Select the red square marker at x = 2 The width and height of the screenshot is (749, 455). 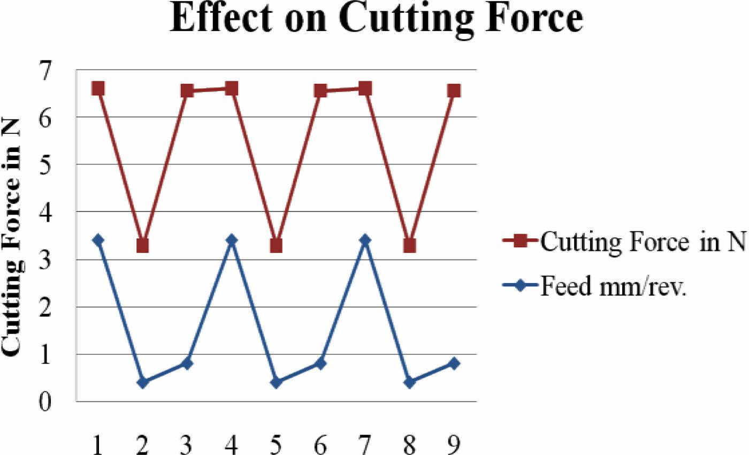[142, 246]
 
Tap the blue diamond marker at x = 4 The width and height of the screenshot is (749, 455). [232, 240]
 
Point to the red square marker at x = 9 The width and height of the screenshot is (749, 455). [454, 91]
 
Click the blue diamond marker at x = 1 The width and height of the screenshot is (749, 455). [98, 240]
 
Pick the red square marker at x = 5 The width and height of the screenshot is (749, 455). [276, 246]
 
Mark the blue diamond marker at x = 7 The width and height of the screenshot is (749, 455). [365, 240]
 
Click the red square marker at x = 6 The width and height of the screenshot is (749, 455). [320, 91]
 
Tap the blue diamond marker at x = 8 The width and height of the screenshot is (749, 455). [410, 382]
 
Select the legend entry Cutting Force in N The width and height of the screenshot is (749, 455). [642, 242]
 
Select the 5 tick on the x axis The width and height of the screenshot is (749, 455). [276, 444]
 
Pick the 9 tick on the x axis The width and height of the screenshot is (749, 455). [454, 444]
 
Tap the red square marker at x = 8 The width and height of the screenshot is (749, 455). [410, 246]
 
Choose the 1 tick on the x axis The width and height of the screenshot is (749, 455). [98, 444]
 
